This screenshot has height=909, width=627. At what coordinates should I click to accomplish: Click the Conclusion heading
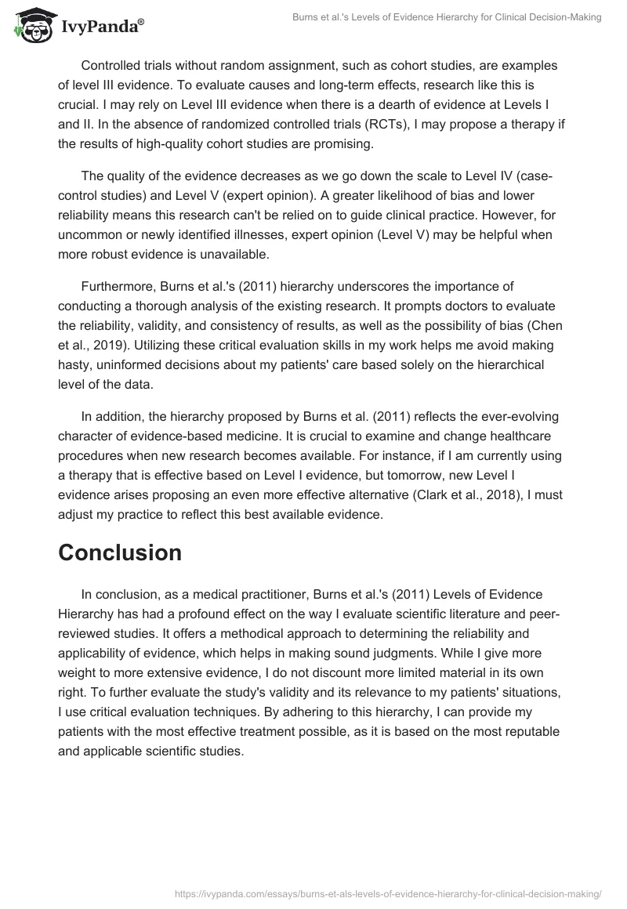[120, 552]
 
